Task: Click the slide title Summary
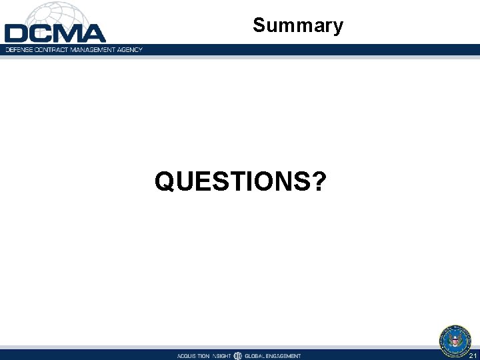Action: point(298,26)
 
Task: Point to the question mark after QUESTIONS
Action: point(319,181)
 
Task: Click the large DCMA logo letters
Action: point(55,33)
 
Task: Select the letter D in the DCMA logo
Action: point(16,33)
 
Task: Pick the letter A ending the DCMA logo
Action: point(93,33)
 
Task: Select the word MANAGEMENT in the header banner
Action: point(90,50)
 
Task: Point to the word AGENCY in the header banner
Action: point(129,50)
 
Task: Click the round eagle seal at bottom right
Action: point(455,340)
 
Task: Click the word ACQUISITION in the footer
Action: point(193,356)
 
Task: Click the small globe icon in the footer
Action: point(238,355)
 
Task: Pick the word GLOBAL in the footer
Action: point(256,356)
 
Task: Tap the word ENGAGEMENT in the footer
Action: point(285,356)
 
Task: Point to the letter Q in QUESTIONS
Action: point(165,181)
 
